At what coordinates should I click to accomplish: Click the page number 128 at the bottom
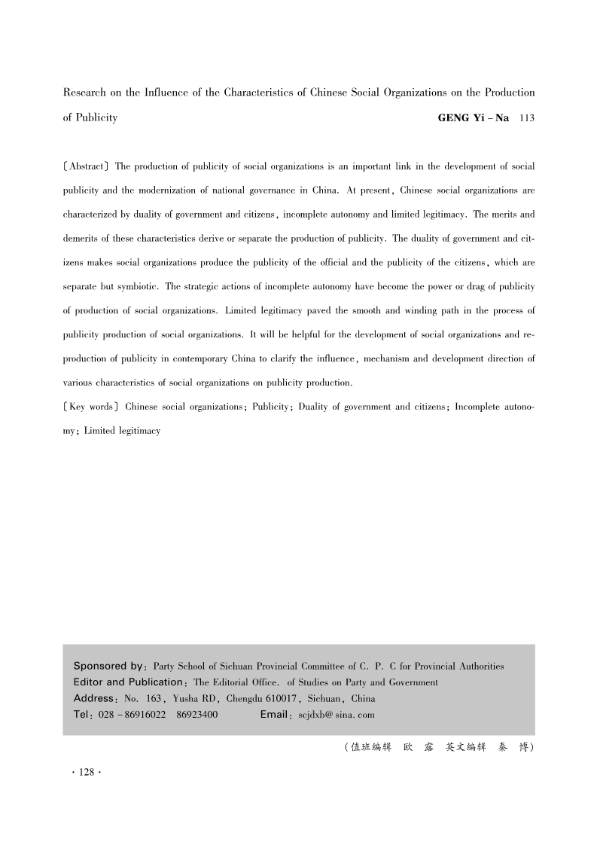point(86,773)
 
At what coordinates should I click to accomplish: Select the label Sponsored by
point(109,667)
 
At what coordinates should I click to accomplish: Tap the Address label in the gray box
point(97,698)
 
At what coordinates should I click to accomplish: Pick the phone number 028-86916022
point(133,715)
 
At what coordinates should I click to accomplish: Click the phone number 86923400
point(196,715)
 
